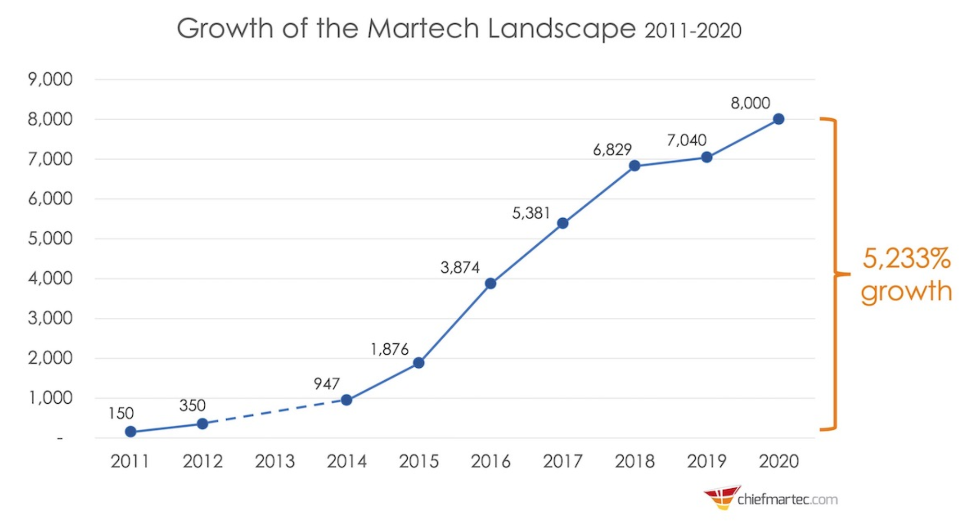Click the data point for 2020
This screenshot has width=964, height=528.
coord(778,119)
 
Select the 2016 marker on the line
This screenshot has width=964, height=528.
coord(490,284)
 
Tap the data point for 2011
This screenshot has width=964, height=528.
coord(131,432)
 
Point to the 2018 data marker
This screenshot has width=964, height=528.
coord(634,166)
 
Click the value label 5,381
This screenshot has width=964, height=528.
coord(531,214)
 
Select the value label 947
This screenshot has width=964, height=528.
coord(326,384)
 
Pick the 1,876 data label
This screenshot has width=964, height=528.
coord(389,349)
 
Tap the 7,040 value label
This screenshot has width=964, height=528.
coord(686,140)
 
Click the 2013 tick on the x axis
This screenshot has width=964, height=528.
coord(275,462)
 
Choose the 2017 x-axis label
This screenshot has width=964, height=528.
coord(562,462)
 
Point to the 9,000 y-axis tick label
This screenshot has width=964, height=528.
coord(50,79)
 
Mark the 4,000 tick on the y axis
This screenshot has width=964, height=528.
coord(50,278)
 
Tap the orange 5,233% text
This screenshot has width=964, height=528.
coord(906,258)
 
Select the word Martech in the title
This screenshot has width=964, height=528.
coord(423,29)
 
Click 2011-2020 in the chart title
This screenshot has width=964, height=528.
coord(693,31)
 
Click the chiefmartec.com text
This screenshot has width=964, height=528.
coord(787,499)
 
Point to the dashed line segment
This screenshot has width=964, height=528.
coord(275,412)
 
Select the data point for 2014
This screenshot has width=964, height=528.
coord(346,400)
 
